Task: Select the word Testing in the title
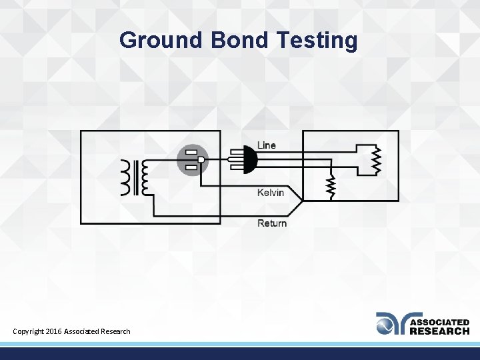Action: (317, 41)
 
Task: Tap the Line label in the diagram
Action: (267, 145)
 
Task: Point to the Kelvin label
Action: (271, 193)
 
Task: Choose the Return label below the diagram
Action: (272, 223)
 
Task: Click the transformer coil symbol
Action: (136, 178)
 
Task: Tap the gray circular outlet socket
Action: (193, 160)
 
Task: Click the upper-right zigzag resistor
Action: (375, 160)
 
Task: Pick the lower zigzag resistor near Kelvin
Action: (330, 187)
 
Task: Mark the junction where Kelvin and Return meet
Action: (303, 201)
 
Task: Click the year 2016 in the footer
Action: (55, 331)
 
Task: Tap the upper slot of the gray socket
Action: (191, 153)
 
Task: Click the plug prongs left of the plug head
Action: (235, 160)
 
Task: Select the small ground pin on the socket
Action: (201, 160)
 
